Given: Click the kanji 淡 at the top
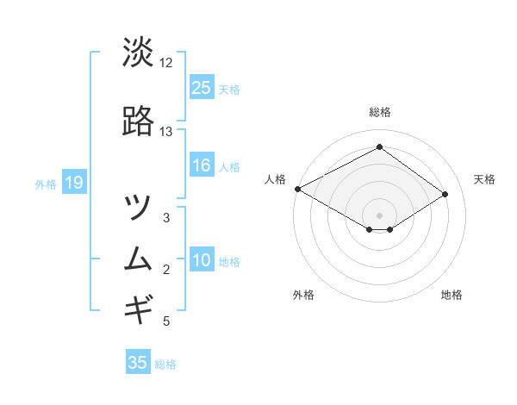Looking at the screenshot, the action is point(138,53).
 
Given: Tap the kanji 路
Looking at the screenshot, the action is point(138,122).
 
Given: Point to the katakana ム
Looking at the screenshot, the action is point(138,259).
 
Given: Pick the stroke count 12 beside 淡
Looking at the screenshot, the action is point(166,63).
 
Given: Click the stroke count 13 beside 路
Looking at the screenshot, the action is point(166,132).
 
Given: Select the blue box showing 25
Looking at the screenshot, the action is point(201,88).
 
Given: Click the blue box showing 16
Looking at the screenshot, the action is point(201,165).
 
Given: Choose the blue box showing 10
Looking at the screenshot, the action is point(201,261).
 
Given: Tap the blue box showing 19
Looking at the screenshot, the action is point(73,183).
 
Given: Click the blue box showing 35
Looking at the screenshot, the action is point(138,363).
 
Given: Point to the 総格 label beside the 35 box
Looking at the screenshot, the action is point(166,364).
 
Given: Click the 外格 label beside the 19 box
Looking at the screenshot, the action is point(46,184).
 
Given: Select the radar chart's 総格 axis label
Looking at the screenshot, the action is point(379,112).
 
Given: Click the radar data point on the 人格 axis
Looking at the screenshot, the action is point(297,189).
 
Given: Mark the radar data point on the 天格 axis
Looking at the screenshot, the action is point(445,194).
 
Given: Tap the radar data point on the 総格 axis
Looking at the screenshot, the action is point(379,147).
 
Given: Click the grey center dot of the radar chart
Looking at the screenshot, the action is point(379,215).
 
